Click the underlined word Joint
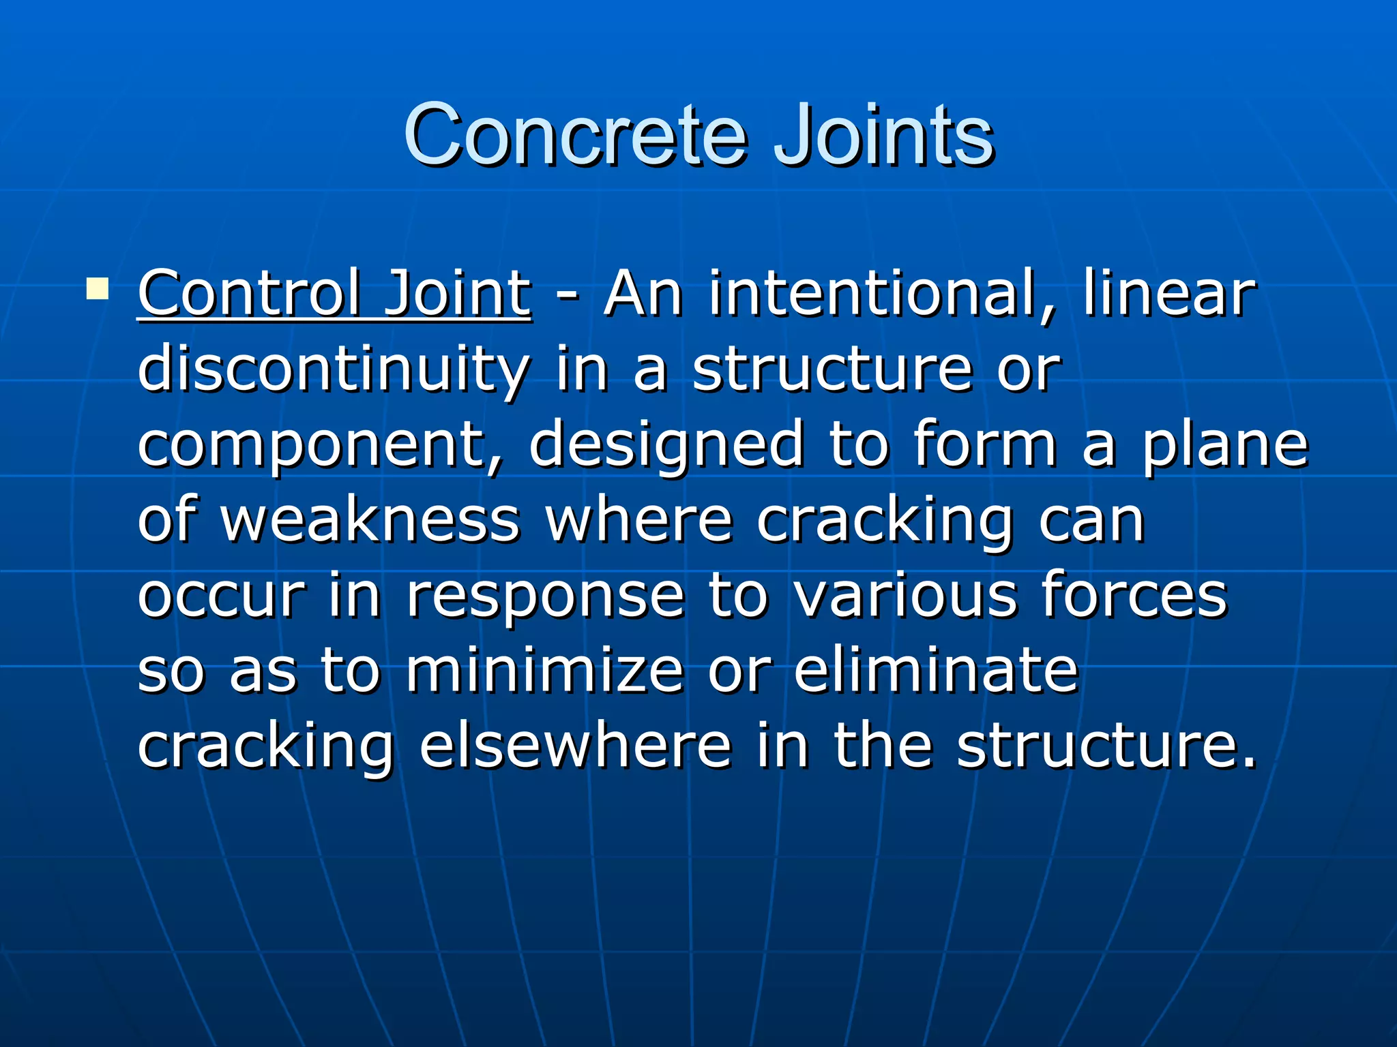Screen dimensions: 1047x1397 tap(456, 294)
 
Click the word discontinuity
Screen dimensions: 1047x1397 tap(334, 370)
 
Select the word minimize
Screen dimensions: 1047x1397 tap(545, 671)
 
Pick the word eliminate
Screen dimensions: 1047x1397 tap(936, 671)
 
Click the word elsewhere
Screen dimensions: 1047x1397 tap(575, 746)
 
